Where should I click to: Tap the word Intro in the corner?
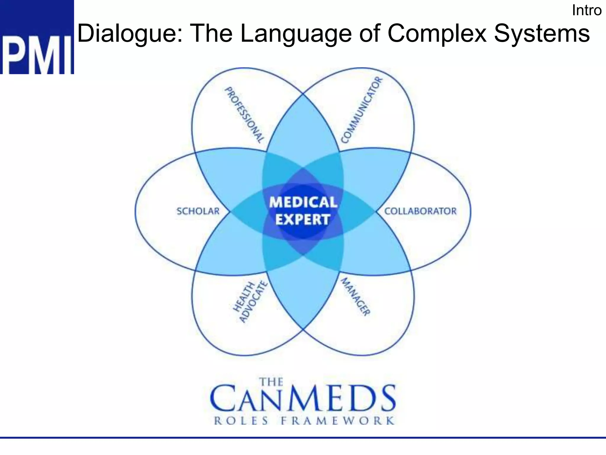tap(586, 11)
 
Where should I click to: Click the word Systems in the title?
tap(542, 33)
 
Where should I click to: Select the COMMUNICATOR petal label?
tap(362, 110)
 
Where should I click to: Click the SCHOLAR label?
tap(198, 211)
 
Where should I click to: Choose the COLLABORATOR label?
tap(420, 211)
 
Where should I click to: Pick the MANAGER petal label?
tap(355, 297)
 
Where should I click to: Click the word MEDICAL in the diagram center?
tap(303, 202)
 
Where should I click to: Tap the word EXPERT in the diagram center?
tap(303, 220)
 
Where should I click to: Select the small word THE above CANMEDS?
tap(271, 382)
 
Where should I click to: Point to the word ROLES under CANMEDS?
tap(241, 421)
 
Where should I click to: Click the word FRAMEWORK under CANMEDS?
tap(338, 421)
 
